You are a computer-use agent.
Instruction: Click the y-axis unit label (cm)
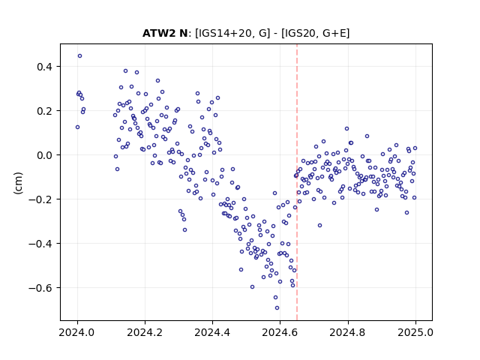18,183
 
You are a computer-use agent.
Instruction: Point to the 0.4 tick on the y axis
46,67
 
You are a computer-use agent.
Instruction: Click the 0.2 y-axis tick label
46,111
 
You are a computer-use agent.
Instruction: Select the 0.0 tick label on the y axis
46,155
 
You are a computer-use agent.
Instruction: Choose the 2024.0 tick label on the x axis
77,332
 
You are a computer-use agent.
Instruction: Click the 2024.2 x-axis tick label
145,332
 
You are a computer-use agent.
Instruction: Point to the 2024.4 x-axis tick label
212,332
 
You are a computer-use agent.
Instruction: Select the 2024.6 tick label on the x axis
280,332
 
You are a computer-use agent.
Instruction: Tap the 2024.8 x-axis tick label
348,332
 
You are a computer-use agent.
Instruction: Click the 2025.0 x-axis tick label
415,332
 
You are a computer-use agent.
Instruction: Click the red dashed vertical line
297,182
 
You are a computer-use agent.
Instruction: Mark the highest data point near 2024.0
80,56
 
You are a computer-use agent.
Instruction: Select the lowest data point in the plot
277,308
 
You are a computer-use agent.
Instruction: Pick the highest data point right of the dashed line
346,128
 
